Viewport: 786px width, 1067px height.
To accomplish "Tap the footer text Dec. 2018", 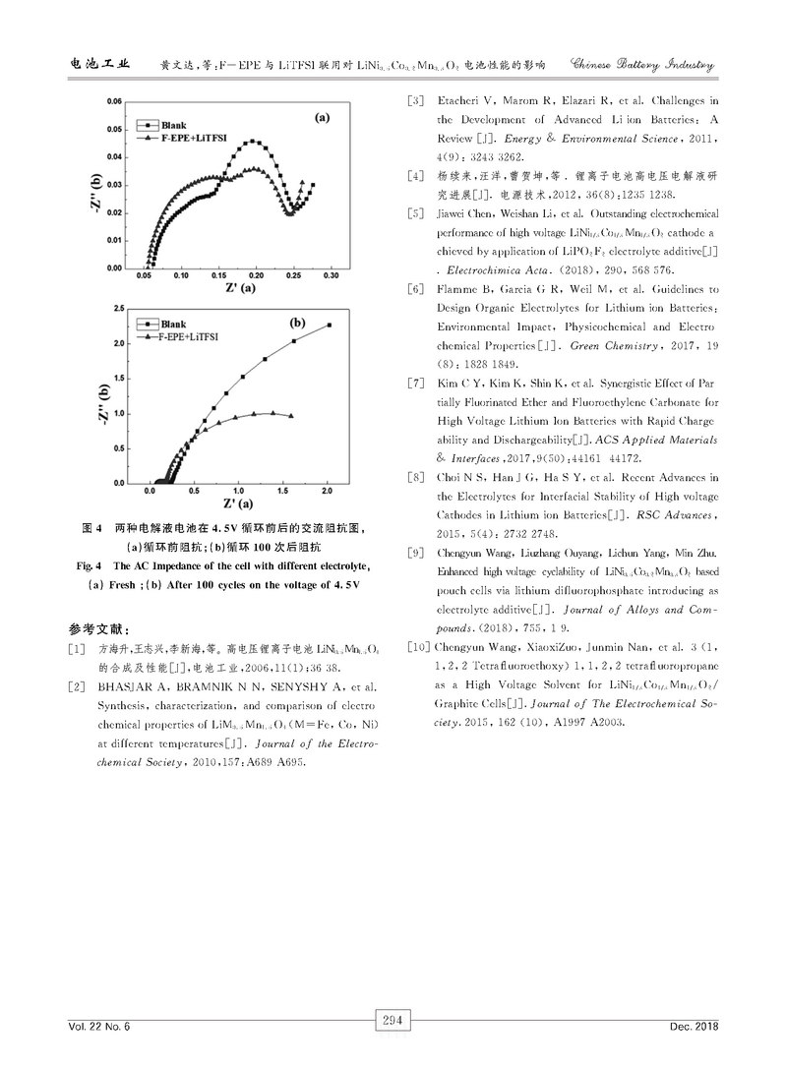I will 695,1027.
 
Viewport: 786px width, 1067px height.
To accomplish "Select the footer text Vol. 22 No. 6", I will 99,1027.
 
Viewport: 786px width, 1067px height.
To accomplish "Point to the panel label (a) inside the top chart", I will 322,117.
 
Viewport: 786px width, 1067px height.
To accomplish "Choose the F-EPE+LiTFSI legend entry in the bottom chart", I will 193,335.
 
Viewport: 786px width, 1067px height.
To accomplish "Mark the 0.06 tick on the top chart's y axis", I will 114,100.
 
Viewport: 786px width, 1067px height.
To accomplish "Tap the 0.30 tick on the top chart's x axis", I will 331,276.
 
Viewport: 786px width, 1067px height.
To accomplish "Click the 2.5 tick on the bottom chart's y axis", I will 119,309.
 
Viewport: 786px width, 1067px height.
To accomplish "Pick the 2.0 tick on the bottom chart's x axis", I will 328,489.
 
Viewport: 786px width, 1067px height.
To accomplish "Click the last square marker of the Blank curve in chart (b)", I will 329,325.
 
